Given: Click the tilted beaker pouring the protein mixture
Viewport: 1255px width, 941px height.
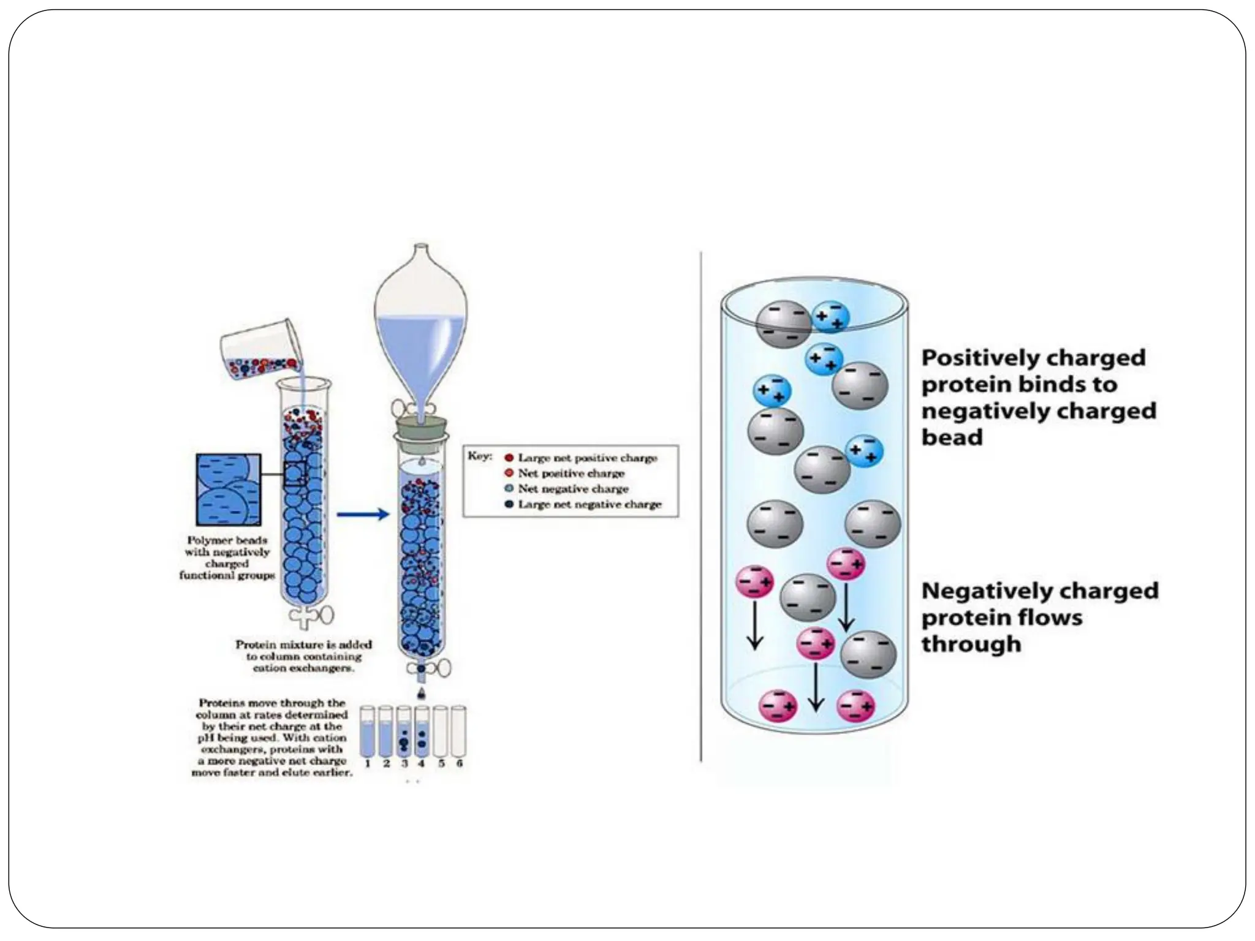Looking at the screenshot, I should tap(260, 352).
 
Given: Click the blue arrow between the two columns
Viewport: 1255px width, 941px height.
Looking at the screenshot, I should tap(363, 514).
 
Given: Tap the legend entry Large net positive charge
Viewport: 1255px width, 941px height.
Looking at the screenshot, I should tap(586, 458).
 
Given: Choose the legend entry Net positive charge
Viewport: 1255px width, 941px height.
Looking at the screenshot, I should tap(571, 473).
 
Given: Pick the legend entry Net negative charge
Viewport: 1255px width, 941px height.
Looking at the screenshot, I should tap(572, 489).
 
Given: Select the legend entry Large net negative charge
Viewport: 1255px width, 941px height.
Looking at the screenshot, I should tap(589, 504).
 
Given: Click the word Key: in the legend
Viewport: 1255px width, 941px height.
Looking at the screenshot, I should tap(480, 456).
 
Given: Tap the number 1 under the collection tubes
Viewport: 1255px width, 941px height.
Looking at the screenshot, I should tap(368, 763).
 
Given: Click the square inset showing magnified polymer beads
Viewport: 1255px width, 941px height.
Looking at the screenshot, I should tap(228, 489).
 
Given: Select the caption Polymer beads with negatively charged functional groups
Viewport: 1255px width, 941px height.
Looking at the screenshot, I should tap(227, 557).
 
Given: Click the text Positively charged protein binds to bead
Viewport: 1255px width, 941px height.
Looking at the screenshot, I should tap(1038, 397).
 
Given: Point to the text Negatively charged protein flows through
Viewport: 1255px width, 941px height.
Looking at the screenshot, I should tap(1039, 617).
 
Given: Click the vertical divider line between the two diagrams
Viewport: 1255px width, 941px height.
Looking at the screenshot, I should tap(701, 506).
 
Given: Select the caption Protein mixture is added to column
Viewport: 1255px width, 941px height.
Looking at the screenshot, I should tap(303, 656).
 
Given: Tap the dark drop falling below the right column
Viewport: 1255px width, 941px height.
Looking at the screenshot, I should tap(420, 693).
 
